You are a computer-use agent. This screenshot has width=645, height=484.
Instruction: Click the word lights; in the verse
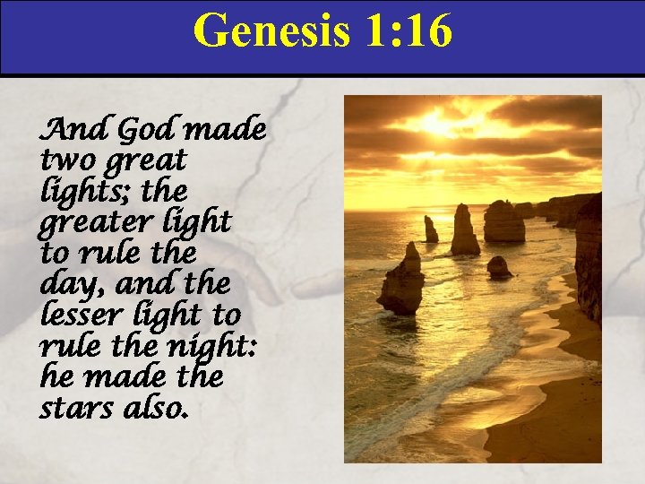[82, 193]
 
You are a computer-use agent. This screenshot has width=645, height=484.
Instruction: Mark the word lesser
[75, 315]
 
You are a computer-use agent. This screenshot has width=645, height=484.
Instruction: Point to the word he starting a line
[56, 377]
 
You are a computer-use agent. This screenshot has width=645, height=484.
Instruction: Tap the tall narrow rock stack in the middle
[464, 230]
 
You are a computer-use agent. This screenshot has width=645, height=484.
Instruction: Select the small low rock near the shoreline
[498, 267]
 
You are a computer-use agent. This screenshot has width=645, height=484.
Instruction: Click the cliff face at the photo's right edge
[589, 260]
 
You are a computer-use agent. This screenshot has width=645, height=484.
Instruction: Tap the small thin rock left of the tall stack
[431, 230]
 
